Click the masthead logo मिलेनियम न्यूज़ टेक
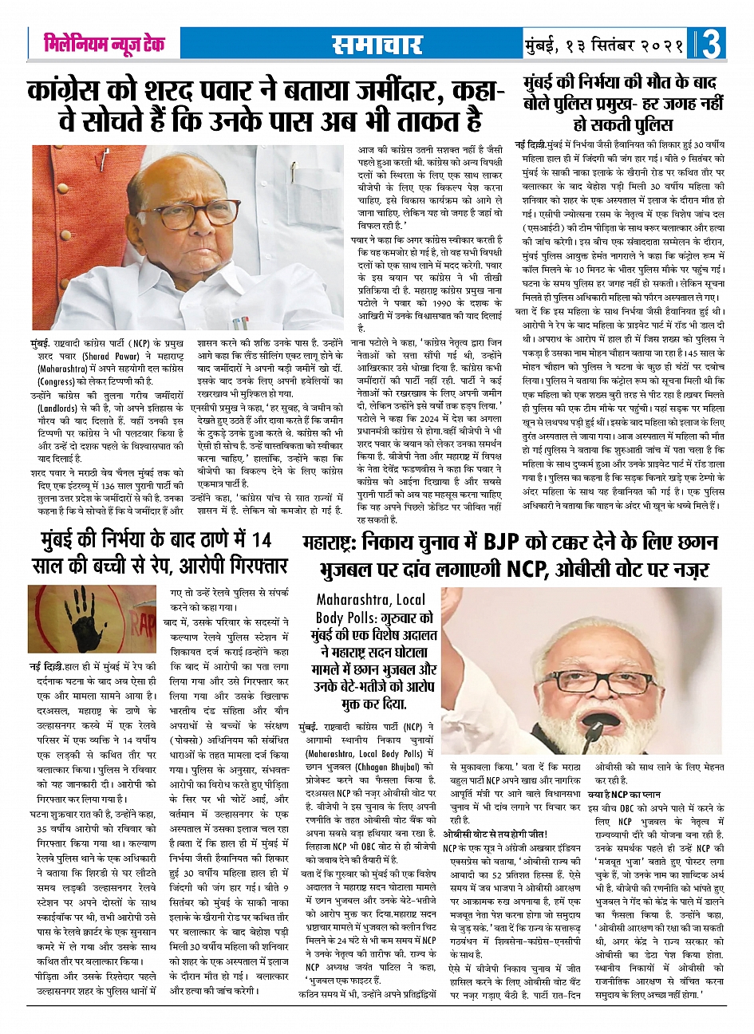(x=104, y=44)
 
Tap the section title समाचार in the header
(x=374, y=45)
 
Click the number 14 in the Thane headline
(x=261, y=541)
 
